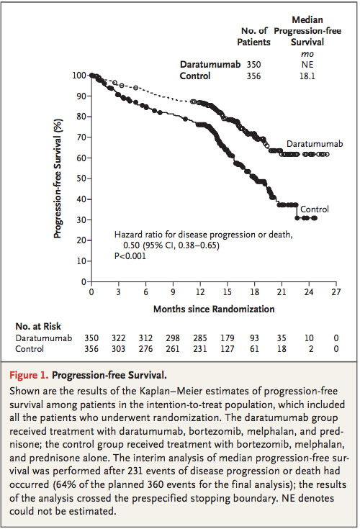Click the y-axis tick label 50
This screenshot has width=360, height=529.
[81, 178]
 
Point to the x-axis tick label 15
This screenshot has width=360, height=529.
[227, 291]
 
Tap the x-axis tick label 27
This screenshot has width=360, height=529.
[336, 291]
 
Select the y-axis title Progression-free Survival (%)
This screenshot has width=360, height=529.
[58, 178]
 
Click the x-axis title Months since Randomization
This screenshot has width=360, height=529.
[214, 309]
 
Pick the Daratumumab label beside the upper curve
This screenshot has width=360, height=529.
[315, 144]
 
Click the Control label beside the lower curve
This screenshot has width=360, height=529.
[315, 209]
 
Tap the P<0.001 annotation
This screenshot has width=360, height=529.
[130, 256]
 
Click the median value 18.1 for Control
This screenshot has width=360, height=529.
[307, 76]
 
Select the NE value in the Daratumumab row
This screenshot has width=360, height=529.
[307, 65]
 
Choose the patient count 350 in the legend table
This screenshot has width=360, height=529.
[253, 65]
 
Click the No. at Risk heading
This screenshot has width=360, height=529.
[38, 327]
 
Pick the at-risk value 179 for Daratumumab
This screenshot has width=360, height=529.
[227, 338]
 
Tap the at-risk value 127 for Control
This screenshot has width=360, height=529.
[227, 349]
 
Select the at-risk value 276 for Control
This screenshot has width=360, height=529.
[145, 349]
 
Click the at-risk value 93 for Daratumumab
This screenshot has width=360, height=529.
[254, 338]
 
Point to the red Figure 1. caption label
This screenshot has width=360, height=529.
[30, 375]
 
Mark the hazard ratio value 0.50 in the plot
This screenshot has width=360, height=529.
[131, 245]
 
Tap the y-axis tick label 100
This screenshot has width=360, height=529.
[79, 75]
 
